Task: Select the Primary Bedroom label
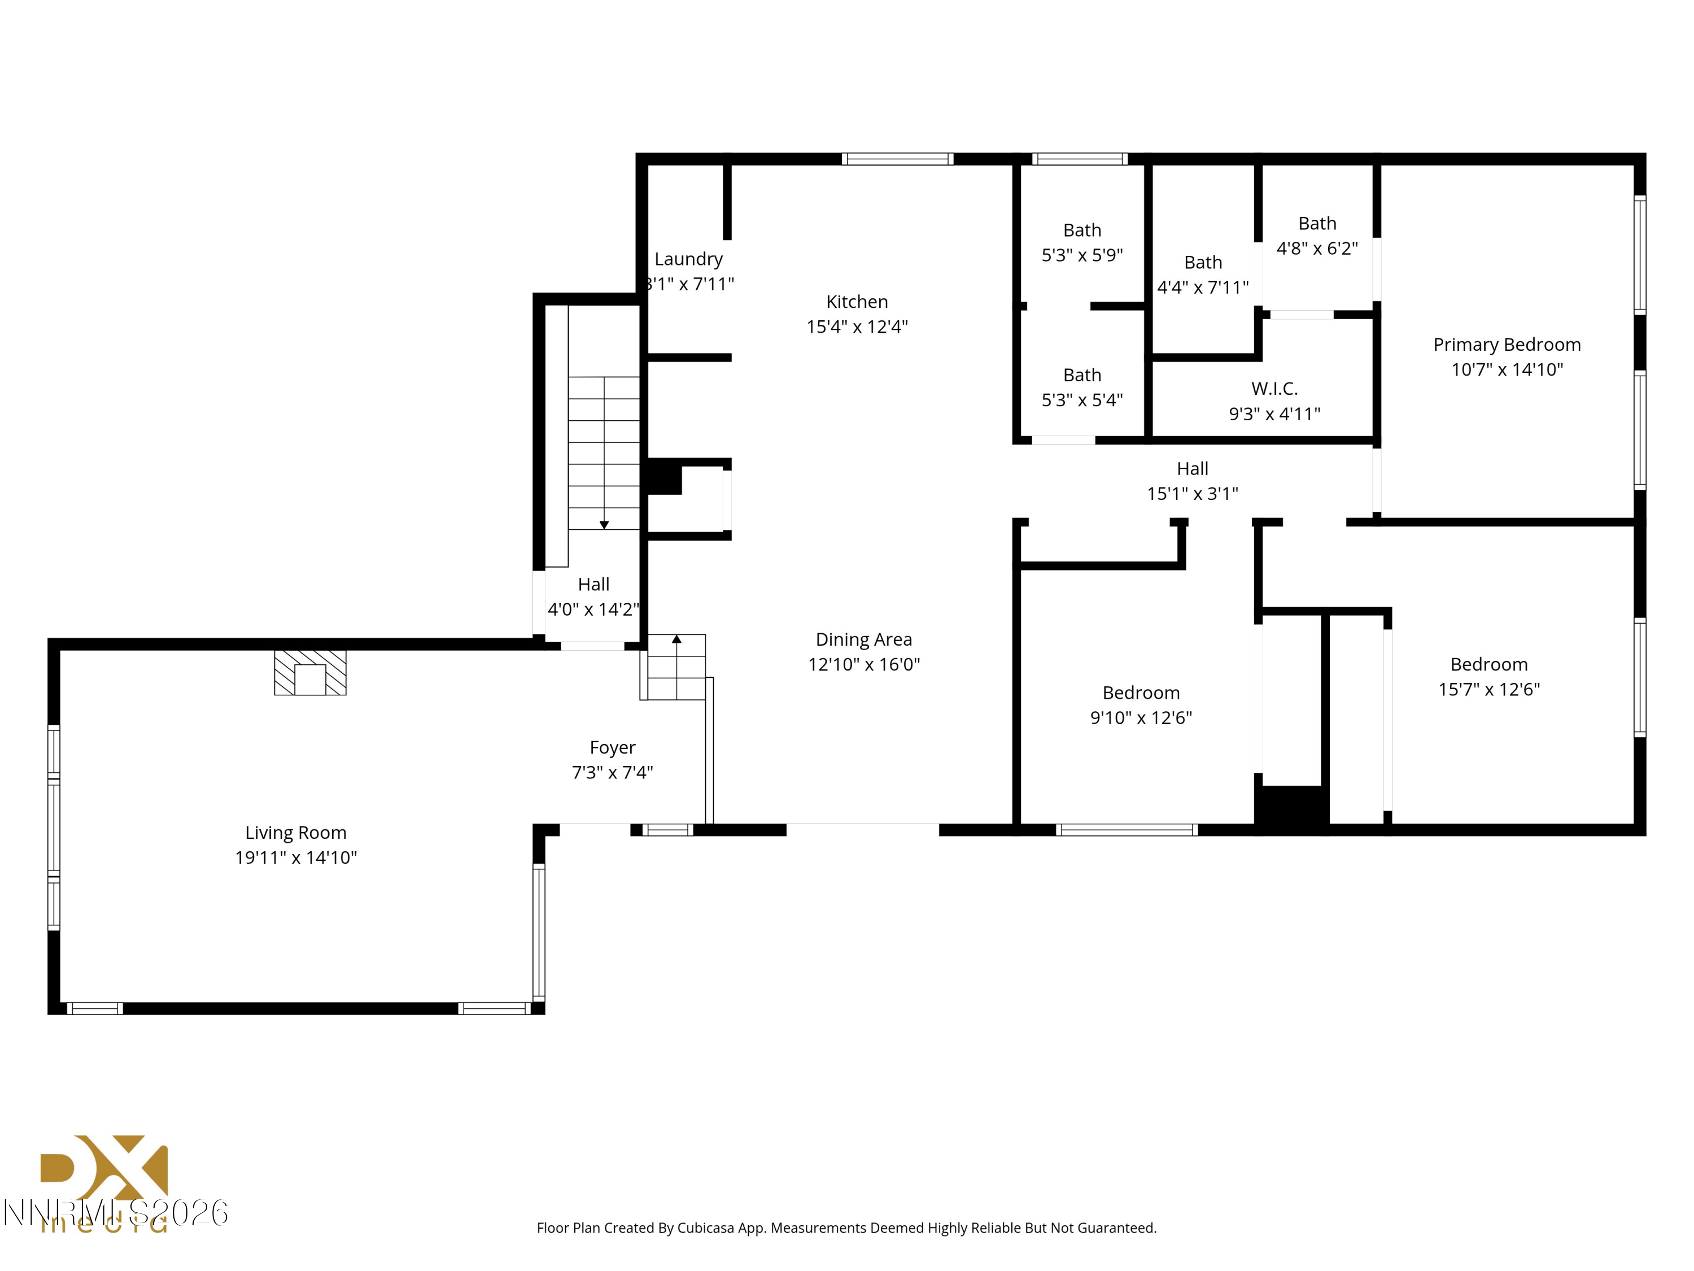pos(1507,345)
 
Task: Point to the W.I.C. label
pos(1274,389)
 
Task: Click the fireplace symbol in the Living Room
pos(310,673)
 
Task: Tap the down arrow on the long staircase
pos(604,525)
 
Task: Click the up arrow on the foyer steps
pos(676,639)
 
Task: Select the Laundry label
pos(688,259)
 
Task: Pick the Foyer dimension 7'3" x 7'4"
pos(612,772)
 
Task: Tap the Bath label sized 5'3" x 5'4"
pos(1081,376)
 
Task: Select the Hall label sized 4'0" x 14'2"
pos(593,585)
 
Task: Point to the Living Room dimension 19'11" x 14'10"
pos(296,858)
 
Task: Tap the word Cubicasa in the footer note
pos(705,1228)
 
